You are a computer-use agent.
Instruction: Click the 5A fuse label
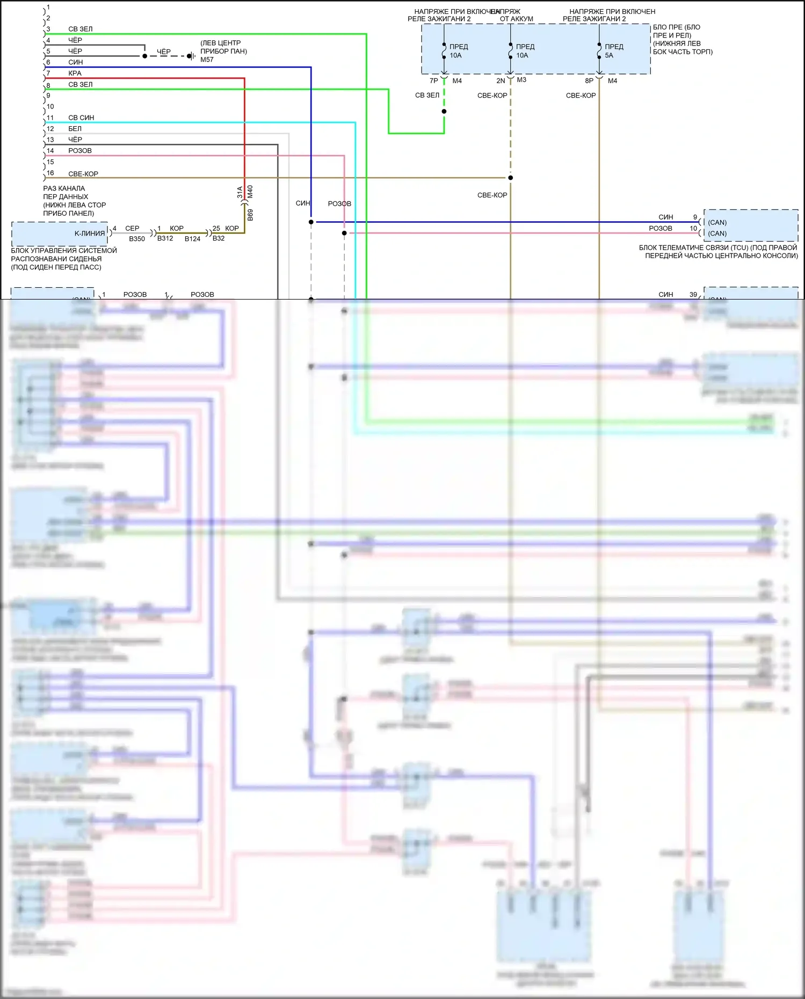[609, 55]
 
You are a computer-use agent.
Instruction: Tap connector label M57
[207, 60]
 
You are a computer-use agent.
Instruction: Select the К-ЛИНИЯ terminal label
[90, 234]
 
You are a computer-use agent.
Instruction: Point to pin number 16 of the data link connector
[50, 173]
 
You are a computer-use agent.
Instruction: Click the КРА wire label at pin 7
[75, 74]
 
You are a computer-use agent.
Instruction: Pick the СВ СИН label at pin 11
[81, 118]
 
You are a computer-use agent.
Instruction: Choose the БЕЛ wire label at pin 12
[75, 129]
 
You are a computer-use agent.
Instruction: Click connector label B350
[137, 239]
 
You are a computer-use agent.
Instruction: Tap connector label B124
[192, 239]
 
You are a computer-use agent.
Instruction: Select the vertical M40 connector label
[250, 192]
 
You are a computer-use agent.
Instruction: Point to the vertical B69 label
[250, 215]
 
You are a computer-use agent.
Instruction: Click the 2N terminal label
[501, 81]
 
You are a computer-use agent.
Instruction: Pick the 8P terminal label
[589, 81]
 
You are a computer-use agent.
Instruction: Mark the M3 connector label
[521, 80]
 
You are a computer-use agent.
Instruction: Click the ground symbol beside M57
[191, 56]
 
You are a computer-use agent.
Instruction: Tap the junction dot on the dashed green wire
[444, 112]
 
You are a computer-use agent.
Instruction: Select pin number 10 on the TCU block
[693, 229]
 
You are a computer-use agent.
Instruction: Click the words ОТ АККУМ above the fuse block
[517, 19]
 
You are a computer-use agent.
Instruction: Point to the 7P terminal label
[434, 81]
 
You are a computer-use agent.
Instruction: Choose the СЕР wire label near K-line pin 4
[132, 229]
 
